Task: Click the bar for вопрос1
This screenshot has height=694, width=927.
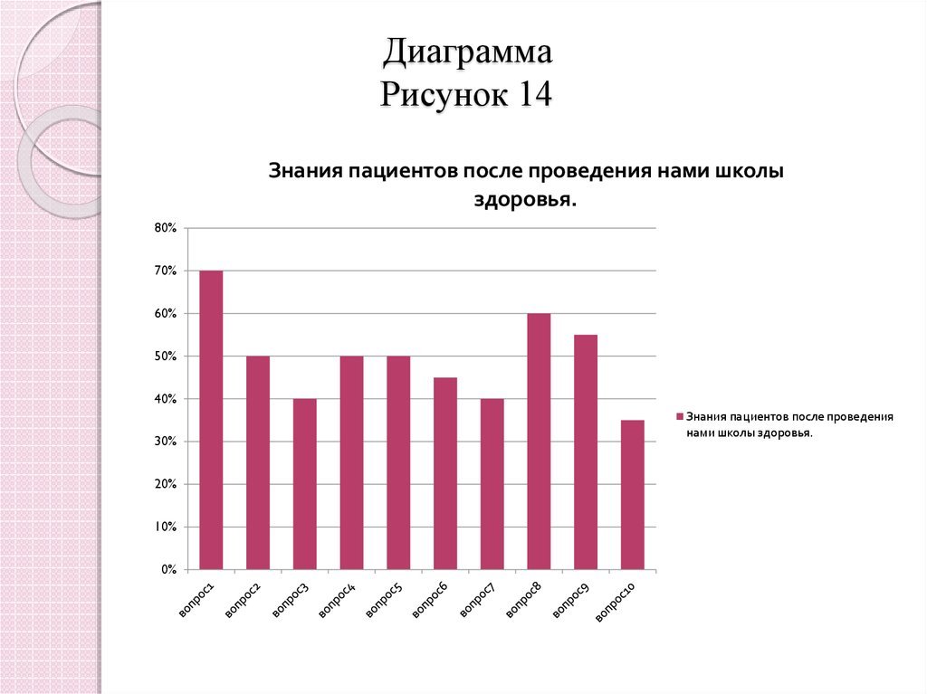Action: [211, 420]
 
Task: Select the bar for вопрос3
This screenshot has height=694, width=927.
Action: [304, 484]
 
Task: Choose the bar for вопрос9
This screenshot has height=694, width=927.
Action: [586, 452]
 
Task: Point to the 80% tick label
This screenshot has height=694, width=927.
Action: [165, 228]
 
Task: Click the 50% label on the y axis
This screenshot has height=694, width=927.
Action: [165, 357]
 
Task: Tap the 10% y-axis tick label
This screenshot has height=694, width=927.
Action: [165, 527]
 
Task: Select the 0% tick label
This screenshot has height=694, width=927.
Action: [168, 570]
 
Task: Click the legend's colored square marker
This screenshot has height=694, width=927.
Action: [679, 417]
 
